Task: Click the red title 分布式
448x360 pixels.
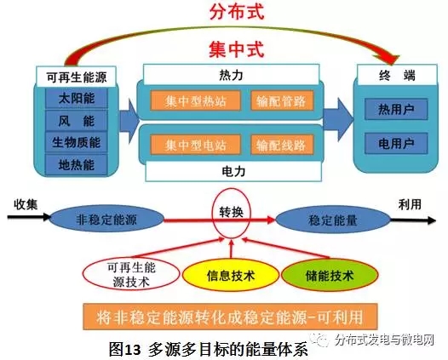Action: pos(237,11)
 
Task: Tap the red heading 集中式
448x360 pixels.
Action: pos(237,49)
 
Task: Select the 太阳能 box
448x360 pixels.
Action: pos(77,99)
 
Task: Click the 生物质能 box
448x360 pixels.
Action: pos(77,142)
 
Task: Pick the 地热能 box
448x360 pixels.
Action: pos(77,165)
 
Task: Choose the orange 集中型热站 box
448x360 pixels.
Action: pos(195,100)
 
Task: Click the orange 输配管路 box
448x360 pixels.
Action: pos(282,100)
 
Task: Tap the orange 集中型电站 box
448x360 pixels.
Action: pos(195,145)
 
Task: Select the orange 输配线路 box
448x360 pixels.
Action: pos(282,145)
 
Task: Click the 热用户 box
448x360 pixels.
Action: pos(396,109)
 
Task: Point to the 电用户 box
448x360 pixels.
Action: pos(396,143)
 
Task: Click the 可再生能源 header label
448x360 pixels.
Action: pos(77,77)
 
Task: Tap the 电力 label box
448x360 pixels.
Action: pos(233,171)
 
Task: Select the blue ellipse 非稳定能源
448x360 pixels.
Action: pos(106,220)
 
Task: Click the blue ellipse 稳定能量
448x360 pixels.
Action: pos(332,220)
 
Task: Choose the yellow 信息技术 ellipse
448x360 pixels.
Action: pos(231,275)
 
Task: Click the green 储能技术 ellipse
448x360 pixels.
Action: pos(330,275)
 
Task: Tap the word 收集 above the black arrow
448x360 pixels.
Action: pos(26,204)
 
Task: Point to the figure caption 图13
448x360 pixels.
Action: pos(125,349)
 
